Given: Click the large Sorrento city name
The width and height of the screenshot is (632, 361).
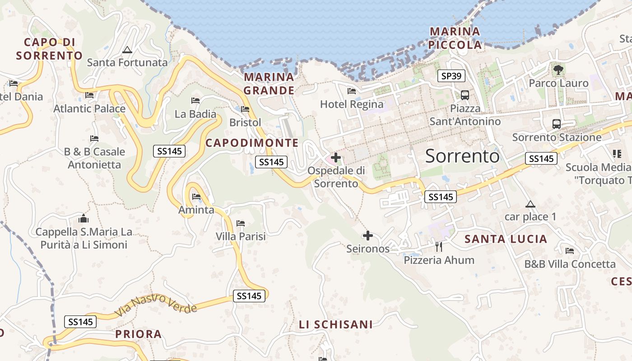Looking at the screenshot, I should [462, 156].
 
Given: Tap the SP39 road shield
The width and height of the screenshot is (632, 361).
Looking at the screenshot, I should [451, 76].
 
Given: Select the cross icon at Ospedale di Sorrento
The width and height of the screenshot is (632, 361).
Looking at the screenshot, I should [336, 157].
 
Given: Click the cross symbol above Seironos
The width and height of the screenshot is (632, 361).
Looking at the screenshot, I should [368, 235].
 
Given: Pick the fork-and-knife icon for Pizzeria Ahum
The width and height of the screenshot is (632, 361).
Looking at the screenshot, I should [439, 246].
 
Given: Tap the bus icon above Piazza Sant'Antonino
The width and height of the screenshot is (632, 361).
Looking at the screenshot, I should [465, 95].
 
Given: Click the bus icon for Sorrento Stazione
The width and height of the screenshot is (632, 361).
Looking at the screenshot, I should [557, 124].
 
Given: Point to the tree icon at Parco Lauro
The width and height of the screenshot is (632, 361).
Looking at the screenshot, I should [558, 69].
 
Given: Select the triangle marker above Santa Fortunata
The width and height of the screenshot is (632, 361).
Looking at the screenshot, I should [127, 50].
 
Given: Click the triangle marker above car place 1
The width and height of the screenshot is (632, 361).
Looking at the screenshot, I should [530, 204].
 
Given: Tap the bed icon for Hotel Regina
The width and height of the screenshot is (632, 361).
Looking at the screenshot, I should [352, 91].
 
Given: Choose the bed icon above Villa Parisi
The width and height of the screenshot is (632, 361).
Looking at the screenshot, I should [241, 223].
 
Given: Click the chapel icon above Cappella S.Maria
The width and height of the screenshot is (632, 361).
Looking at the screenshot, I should [84, 219].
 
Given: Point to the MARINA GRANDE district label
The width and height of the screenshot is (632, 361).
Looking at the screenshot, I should [269, 83].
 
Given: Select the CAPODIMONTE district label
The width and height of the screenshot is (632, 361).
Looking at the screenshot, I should [252, 143].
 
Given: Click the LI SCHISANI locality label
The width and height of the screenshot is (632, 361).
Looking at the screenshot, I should [336, 324].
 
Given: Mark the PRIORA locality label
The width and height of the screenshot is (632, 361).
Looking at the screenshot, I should [138, 334].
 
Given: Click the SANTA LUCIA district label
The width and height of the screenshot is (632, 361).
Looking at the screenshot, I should [506, 239].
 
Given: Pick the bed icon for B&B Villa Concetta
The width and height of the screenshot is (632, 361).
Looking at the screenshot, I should [570, 251].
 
